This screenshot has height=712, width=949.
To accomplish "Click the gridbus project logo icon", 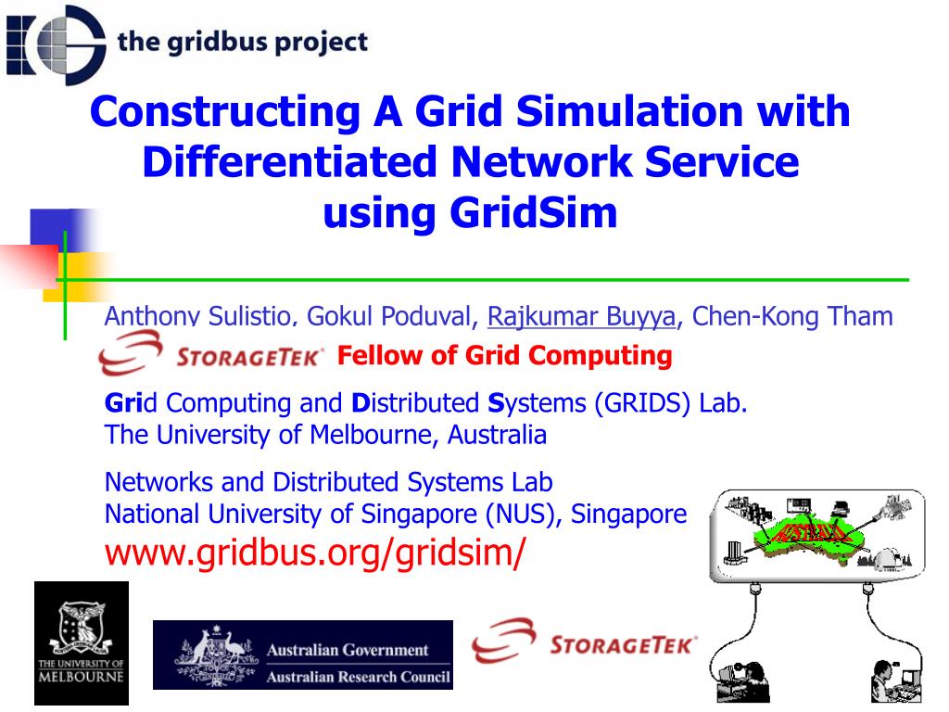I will point(56,43).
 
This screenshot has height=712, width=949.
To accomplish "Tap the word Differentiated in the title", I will point(289,162).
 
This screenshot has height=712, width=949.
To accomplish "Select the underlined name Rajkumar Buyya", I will point(581,317).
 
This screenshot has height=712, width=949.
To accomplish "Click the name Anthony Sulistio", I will point(199,317).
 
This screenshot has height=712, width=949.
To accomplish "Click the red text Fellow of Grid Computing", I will point(504,355).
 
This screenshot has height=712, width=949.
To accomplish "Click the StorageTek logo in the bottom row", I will point(584,643).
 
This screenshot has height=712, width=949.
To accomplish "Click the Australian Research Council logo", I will point(303,655).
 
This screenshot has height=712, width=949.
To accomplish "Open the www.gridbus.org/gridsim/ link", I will point(315,553).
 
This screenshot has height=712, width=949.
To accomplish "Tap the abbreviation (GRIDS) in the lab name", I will point(643,403).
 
